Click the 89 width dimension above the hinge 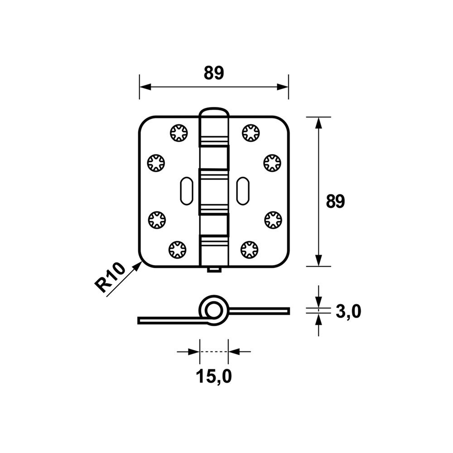click(x=214, y=73)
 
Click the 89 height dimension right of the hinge click(x=335, y=202)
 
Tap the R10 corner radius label click(x=111, y=277)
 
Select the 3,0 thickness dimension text click(x=348, y=312)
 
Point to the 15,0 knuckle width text click(x=214, y=376)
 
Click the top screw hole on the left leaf click(x=178, y=133)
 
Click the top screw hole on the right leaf click(x=251, y=133)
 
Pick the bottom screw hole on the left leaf click(x=177, y=250)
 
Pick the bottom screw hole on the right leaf click(x=249, y=250)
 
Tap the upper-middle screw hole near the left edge click(x=156, y=163)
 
